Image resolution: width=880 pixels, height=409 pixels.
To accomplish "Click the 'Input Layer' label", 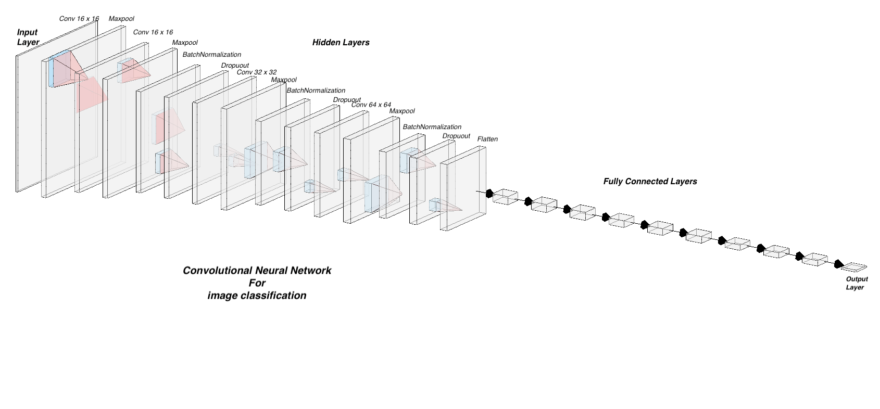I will (x=28, y=37).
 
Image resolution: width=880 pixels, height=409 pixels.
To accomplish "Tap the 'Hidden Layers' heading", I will (x=341, y=43).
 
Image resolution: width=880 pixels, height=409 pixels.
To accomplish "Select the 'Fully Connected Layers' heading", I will (x=650, y=182).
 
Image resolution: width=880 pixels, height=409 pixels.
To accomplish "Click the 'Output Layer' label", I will (x=857, y=283).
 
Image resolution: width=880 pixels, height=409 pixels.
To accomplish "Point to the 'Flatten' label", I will (x=487, y=139).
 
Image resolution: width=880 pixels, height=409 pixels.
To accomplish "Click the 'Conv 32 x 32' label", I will (x=257, y=72).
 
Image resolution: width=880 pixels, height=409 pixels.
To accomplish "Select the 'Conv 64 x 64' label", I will (x=371, y=105).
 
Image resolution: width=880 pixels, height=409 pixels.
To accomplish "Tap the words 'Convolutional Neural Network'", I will (x=257, y=271).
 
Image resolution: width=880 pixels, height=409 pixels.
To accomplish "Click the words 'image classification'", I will (x=257, y=296).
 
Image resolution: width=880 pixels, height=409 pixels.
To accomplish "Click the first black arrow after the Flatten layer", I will (x=489, y=194).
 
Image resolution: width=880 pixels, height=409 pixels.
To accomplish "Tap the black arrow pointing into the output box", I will (x=838, y=264).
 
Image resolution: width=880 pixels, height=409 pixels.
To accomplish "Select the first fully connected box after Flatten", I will (x=505, y=197).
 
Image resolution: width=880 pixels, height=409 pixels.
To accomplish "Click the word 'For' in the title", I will (x=257, y=283).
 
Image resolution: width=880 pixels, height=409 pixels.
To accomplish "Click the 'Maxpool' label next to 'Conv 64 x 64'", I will (x=402, y=111).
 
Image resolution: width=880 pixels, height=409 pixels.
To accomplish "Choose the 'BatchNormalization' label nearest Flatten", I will (x=432, y=127).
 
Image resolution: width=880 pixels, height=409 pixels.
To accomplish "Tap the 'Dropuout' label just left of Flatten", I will (x=456, y=136).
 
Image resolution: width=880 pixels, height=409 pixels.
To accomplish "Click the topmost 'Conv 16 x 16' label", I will (x=79, y=19).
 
